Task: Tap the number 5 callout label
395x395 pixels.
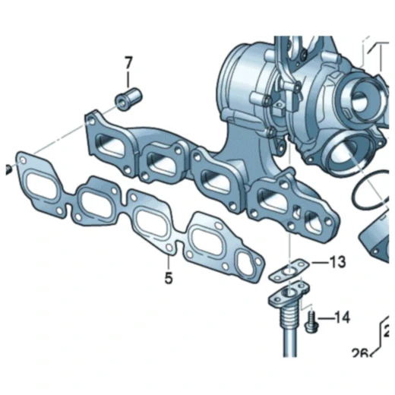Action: [x=168, y=278]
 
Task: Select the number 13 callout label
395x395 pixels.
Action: [x=337, y=262]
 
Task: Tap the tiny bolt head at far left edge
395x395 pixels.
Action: [x=3, y=167]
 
